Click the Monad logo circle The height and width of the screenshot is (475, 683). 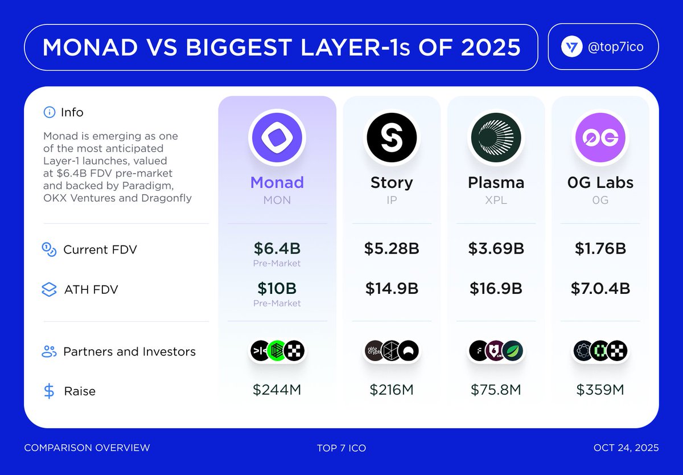(x=277, y=137)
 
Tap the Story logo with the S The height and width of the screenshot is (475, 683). (x=392, y=137)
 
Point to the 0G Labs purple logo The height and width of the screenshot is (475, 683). (x=600, y=137)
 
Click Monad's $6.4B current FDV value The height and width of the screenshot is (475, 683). (x=277, y=249)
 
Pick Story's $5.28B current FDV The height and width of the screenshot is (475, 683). (x=392, y=249)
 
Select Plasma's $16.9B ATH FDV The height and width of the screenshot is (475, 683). (x=496, y=289)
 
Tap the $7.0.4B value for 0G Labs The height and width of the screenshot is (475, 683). (x=600, y=289)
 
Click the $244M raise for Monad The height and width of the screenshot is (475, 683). (x=277, y=390)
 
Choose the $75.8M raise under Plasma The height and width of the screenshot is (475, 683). (x=496, y=390)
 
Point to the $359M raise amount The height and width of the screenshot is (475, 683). (x=600, y=390)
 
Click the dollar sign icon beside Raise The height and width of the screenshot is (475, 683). (x=50, y=391)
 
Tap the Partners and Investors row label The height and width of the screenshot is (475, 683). (x=129, y=352)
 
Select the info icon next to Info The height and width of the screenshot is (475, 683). (x=50, y=113)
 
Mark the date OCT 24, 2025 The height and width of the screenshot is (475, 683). (x=626, y=448)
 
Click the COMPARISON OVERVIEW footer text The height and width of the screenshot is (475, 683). (x=87, y=448)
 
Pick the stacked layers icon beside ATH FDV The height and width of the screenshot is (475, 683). (x=50, y=290)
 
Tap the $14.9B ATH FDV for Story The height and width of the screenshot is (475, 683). (x=392, y=289)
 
